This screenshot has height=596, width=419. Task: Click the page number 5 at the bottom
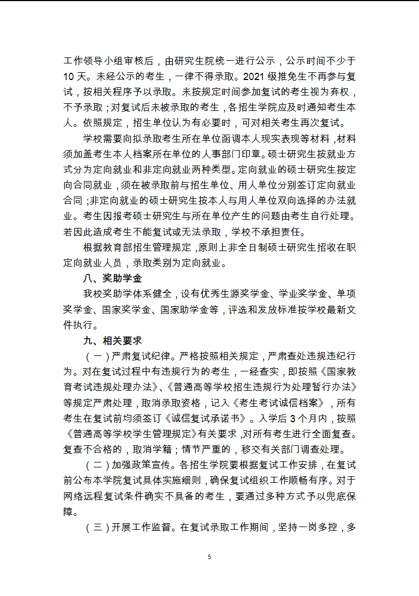click(209, 557)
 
